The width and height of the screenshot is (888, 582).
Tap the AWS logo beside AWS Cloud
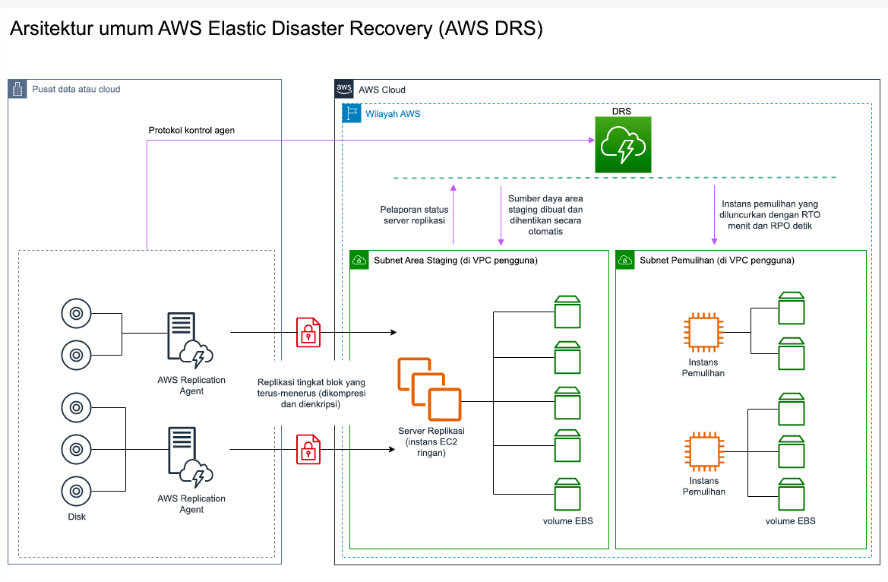(x=344, y=89)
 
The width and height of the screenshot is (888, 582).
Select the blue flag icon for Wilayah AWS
(x=352, y=114)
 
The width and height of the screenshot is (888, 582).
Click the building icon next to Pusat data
(x=17, y=89)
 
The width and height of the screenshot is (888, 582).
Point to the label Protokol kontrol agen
(x=191, y=130)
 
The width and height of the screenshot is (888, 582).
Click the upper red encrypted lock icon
(x=308, y=332)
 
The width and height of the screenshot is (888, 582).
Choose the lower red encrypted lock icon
(x=308, y=449)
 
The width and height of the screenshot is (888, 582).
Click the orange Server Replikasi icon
(x=429, y=390)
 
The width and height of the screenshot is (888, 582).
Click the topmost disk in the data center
(x=76, y=313)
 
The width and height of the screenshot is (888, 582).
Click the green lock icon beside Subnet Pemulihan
(x=625, y=260)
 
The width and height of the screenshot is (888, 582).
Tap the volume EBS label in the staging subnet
(x=567, y=521)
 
